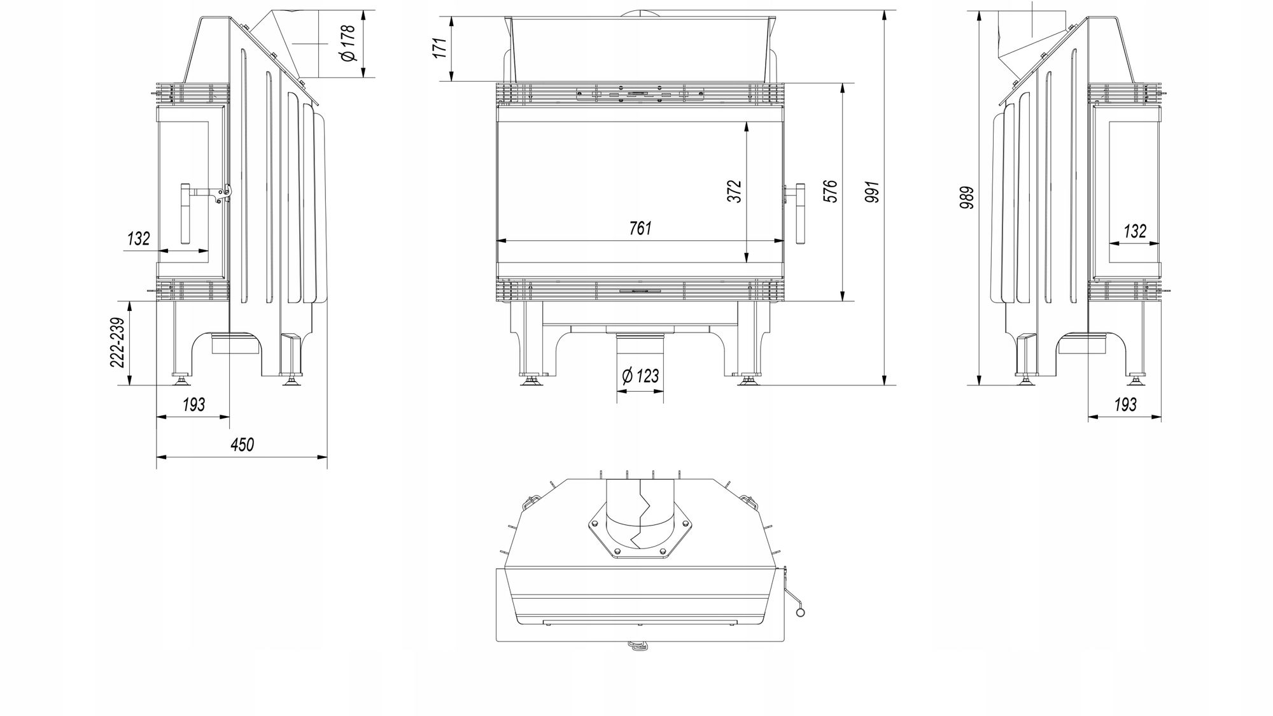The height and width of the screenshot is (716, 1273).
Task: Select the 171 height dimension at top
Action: pyautogui.click(x=440, y=47)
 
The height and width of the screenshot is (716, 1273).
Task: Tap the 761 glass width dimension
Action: pyautogui.click(x=640, y=228)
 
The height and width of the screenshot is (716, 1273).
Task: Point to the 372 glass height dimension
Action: pyautogui.click(x=735, y=191)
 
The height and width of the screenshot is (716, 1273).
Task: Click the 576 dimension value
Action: pyautogui.click(x=830, y=191)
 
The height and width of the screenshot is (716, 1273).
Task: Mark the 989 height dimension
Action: pyautogui.click(x=967, y=197)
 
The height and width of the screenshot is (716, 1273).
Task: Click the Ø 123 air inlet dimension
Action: pyautogui.click(x=640, y=376)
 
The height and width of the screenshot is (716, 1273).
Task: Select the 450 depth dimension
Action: pyautogui.click(x=242, y=444)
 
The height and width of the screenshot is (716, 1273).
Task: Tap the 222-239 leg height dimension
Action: pyautogui.click(x=118, y=342)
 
